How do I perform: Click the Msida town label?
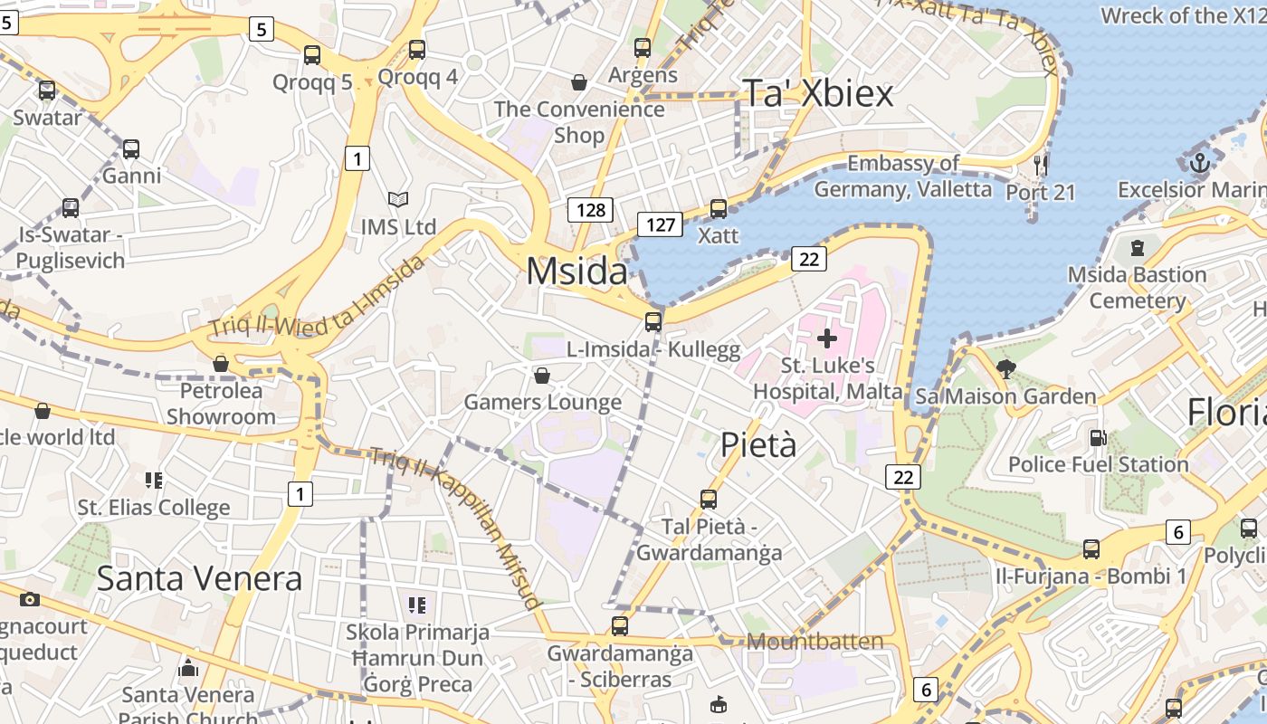pyautogui.click(x=576, y=271)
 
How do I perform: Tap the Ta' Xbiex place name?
pyautogui.click(x=817, y=93)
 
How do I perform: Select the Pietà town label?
pyautogui.click(x=759, y=444)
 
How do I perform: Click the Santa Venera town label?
pyautogui.click(x=199, y=577)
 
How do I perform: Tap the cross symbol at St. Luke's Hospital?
pyautogui.click(x=826, y=338)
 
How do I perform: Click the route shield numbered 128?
pyautogui.click(x=590, y=210)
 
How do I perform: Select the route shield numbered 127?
pyautogui.click(x=659, y=224)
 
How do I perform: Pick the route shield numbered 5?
pyautogui.click(x=261, y=30)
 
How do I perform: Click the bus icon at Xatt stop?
pyautogui.click(x=718, y=209)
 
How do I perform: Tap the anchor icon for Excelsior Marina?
pyautogui.click(x=1199, y=164)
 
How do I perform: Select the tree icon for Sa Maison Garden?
pyautogui.click(x=1005, y=368)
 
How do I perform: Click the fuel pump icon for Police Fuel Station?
pyautogui.click(x=1097, y=437)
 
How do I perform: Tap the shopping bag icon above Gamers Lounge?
pyautogui.click(x=541, y=375)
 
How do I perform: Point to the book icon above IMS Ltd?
pyautogui.click(x=397, y=199)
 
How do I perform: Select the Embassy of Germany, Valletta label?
pyautogui.click(x=902, y=176)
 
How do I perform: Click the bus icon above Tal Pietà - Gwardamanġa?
pyautogui.click(x=709, y=499)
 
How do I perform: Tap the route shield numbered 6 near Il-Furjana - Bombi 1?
pyautogui.click(x=1177, y=532)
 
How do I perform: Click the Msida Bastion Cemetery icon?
pyautogui.click(x=1138, y=247)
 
